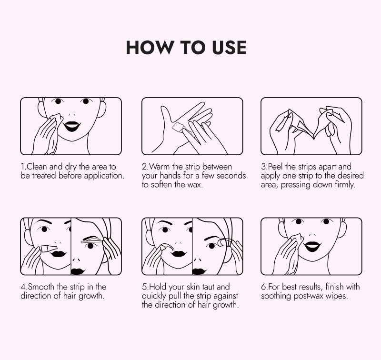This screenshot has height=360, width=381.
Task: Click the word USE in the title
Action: (x=229, y=47)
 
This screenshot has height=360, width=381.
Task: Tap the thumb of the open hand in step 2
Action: (x=166, y=114)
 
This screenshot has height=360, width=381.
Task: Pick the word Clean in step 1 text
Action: (x=37, y=167)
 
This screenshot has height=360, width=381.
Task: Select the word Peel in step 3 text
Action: (x=275, y=167)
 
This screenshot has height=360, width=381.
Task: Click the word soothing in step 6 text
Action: (x=276, y=296)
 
